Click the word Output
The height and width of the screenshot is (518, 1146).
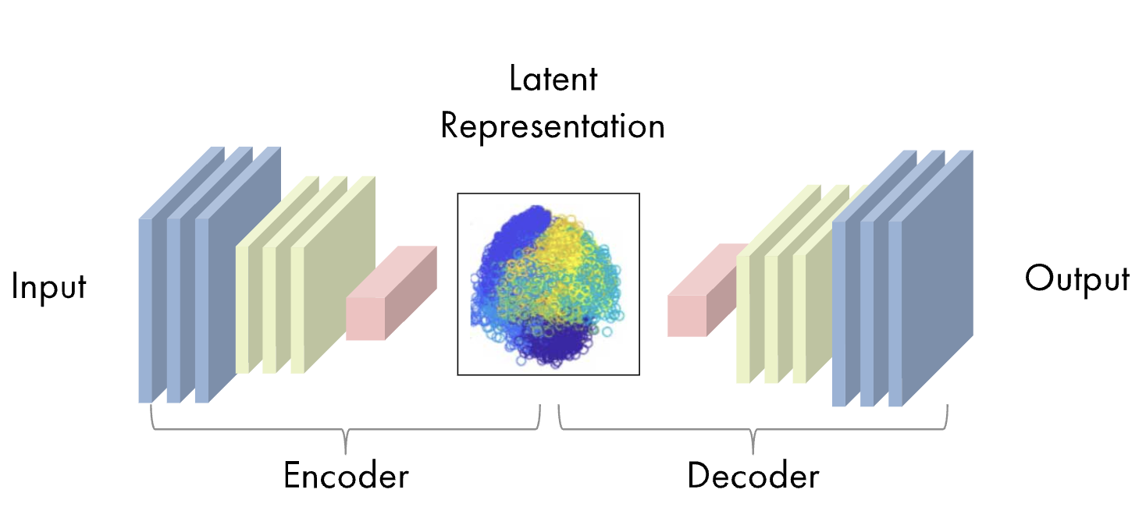1077,280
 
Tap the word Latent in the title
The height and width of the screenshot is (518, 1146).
553,79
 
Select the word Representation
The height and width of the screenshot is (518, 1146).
553,126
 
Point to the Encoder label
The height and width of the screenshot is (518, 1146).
346,476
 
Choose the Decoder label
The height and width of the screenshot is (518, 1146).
753,476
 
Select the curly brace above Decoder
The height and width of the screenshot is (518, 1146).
753,428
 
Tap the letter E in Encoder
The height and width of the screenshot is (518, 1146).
292,476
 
